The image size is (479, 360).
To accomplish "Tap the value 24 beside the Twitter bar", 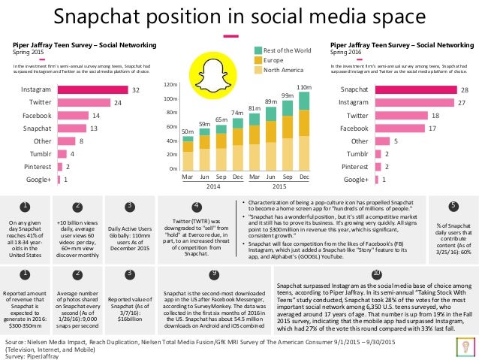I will tap(117, 102).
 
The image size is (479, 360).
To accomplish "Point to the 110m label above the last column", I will tap(303, 88).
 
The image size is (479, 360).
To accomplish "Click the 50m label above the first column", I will tap(187, 131).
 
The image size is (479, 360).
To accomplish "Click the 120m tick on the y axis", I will tap(169, 85).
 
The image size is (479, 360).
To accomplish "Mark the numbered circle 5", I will tap(453, 205).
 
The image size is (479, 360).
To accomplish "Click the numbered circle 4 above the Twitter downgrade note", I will tap(197, 205).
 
